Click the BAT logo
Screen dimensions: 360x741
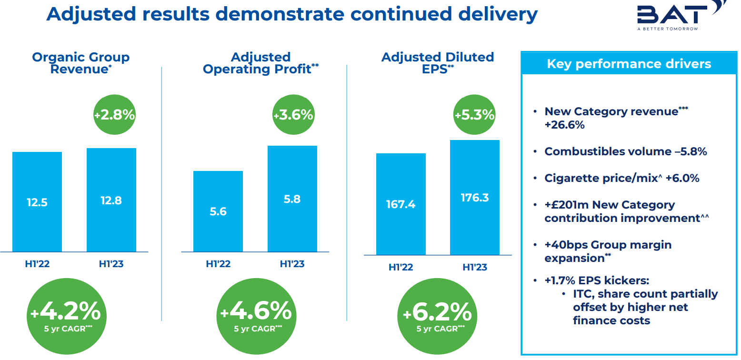(676, 15)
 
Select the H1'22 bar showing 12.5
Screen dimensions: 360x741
(37, 202)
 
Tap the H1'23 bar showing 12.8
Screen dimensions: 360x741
(111, 200)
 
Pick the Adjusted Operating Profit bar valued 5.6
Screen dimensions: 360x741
(218, 211)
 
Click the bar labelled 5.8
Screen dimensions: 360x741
(292, 199)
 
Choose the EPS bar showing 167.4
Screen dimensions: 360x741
(401, 204)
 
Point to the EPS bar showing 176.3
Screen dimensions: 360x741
(475, 197)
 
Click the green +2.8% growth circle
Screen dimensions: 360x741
(114, 115)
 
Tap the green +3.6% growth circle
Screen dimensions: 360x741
(293, 115)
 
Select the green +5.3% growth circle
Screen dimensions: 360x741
(474, 115)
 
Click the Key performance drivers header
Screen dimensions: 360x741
(629, 64)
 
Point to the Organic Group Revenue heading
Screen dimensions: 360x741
(81, 63)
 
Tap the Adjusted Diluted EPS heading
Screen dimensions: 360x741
(438, 63)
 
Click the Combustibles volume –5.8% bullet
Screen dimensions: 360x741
(625, 151)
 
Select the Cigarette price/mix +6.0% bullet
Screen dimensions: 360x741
(621, 178)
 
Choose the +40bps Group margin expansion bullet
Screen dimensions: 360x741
(608, 251)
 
